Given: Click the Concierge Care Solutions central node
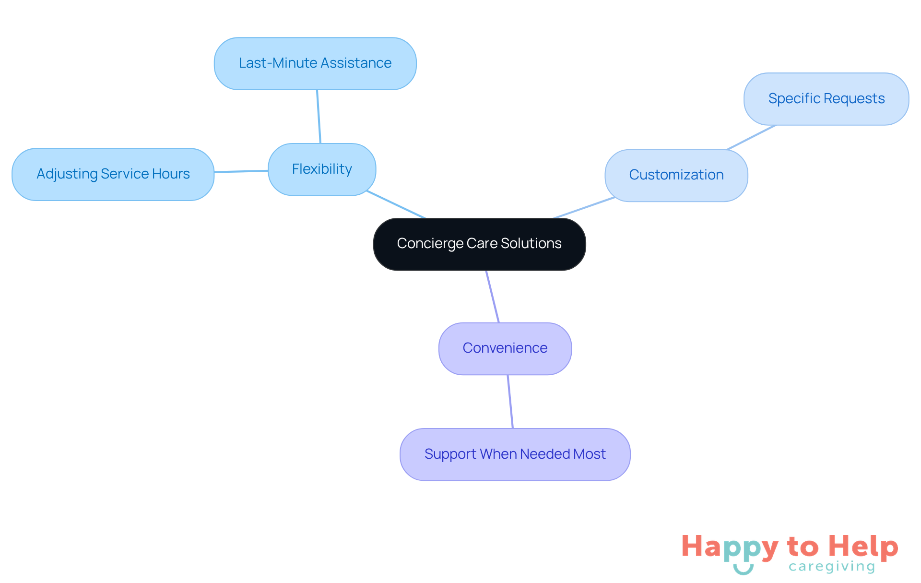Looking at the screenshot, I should (479, 244).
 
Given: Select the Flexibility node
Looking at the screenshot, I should (322, 169).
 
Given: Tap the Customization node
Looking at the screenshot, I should (676, 175).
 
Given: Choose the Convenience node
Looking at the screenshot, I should (505, 348).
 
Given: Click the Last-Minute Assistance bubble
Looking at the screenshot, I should (315, 63).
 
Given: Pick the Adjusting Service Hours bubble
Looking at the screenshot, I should (113, 174).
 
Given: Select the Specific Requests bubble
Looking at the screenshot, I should (826, 99).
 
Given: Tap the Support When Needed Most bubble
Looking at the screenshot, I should (515, 454).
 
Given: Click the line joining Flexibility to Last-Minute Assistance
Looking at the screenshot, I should (319, 117).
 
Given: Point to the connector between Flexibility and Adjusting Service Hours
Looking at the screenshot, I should (241, 171).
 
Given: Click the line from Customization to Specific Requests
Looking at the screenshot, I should (751, 138).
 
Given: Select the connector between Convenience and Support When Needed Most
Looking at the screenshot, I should (510, 402).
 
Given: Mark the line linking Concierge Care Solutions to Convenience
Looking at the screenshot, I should (493, 297).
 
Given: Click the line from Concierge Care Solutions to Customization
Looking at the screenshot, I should (584, 208).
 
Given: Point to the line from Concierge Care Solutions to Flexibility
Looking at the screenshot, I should (396, 204).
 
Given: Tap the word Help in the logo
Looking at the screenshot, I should (863, 547).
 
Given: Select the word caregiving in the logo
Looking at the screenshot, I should (831, 567).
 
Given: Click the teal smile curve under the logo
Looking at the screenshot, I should (743, 570).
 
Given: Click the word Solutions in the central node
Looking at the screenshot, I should (531, 244).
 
